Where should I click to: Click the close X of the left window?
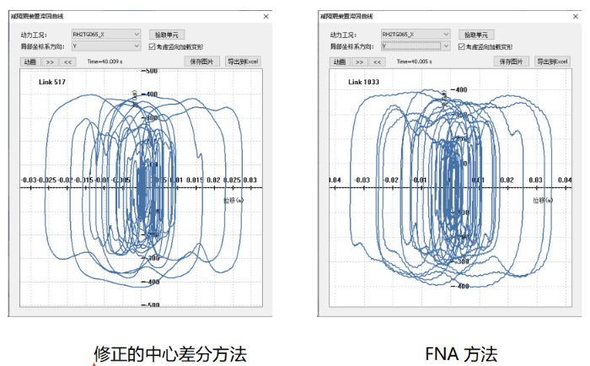(x=266, y=16)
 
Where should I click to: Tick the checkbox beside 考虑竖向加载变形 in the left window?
(x=153, y=46)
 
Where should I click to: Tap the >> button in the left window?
(x=51, y=62)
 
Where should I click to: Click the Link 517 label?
(x=52, y=81)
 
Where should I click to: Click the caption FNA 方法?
(x=453, y=351)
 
